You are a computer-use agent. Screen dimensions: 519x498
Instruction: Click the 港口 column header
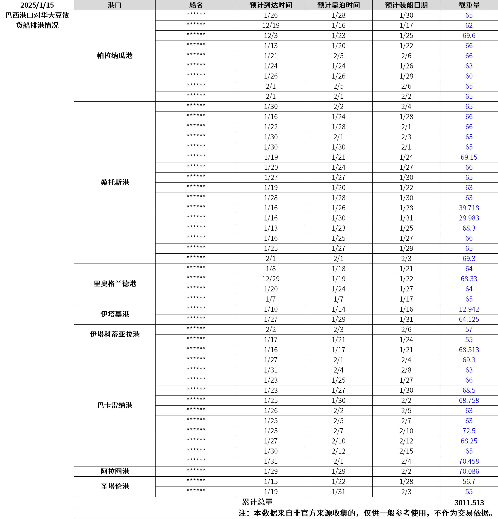coord(115,5)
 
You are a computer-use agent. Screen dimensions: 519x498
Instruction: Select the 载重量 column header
coord(469,5)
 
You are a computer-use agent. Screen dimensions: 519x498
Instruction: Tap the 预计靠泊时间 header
coord(339,5)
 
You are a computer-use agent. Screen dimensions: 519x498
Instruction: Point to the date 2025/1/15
coord(37,5)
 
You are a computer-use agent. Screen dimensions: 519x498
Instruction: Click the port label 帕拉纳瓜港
coord(115,56)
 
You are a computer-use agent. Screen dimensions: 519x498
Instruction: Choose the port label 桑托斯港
coord(115,182)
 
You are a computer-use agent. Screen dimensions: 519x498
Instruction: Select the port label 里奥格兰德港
coord(115,284)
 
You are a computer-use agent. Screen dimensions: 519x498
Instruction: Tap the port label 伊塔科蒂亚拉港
coord(115,334)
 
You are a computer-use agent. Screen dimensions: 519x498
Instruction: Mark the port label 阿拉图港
coord(115,471)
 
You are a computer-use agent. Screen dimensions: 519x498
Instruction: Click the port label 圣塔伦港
coord(115,487)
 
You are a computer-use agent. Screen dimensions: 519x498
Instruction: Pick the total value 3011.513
coord(469,503)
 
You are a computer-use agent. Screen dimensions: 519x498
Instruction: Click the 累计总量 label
coord(257,502)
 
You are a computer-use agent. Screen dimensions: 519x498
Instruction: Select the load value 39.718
coord(469,208)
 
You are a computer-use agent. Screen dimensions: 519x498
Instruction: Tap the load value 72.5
coord(469,431)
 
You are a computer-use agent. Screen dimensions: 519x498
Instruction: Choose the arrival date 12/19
coord(271,25)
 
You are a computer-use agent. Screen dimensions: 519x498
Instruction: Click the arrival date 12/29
coord(271,279)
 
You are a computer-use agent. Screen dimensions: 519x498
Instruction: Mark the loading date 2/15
coord(406,451)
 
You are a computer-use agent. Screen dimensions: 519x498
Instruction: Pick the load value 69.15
coord(469,157)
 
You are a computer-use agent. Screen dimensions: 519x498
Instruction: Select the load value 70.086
coord(469,471)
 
